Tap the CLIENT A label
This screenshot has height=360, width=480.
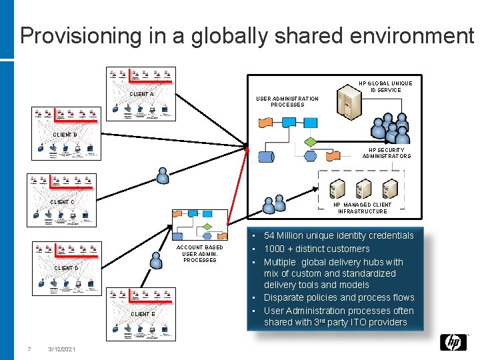[x=141, y=95]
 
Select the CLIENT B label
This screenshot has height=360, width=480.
[x=65, y=135]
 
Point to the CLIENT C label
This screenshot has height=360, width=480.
[x=63, y=202]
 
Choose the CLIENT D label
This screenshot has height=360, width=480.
[x=66, y=268]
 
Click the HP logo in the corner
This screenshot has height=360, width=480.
[x=453, y=342]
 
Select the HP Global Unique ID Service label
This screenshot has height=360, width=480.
[x=385, y=87]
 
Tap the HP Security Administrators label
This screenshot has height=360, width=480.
[x=387, y=153]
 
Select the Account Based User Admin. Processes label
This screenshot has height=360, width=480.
[x=199, y=253]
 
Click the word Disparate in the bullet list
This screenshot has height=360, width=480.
[x=284, y=297]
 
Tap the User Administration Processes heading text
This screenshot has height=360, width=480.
[x=287, y=101]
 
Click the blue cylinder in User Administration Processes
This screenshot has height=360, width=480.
[x=265, y=157]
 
